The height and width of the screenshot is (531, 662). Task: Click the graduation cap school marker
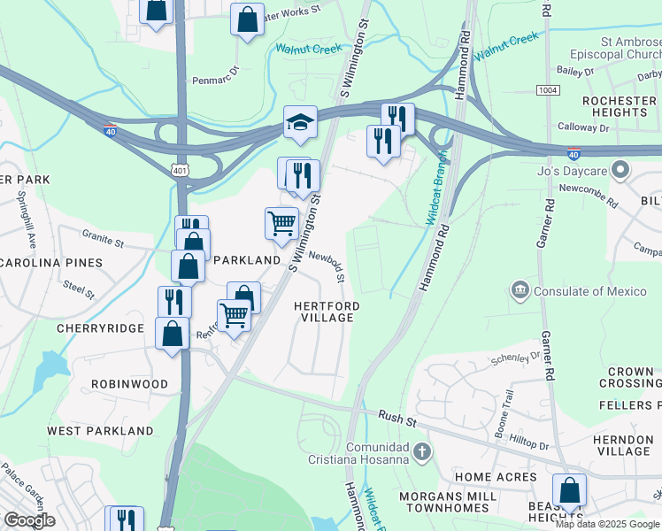point(301,123)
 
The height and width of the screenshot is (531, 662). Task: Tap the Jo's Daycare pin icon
point(620,168)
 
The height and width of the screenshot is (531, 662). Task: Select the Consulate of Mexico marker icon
point(520,290)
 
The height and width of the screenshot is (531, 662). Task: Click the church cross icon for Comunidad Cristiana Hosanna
point(422,451)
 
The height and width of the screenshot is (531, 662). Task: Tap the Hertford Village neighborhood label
point(327,312)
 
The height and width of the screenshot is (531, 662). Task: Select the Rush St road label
point(396,415)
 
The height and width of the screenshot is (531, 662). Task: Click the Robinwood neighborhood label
point(129,384)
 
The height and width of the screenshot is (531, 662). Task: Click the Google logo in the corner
point(29,519)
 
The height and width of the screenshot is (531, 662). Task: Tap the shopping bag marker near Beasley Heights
point(569,491)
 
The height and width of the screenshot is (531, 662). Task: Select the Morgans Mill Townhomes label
point(446,503)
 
